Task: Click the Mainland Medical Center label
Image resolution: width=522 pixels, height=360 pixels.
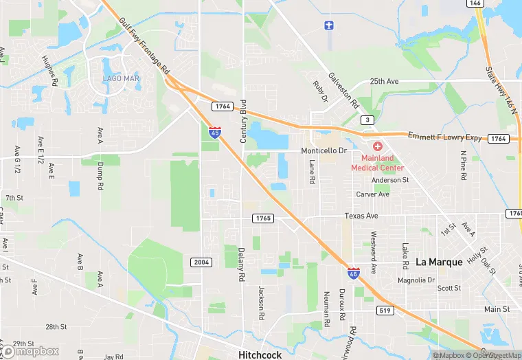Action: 377,162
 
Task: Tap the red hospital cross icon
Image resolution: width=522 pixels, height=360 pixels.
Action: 377,146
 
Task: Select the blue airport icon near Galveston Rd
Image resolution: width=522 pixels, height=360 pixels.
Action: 328,26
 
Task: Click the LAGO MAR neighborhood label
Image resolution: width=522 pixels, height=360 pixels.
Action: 122,78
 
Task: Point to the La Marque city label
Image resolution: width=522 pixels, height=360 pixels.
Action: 440,262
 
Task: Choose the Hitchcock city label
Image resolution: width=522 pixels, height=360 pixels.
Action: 260,355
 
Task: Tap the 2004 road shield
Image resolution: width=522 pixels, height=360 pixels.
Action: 201,262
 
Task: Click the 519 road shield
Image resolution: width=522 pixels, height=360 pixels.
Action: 385,311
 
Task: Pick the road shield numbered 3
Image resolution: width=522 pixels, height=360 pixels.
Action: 369,120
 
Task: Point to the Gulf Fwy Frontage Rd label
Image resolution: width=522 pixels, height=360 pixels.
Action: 144,47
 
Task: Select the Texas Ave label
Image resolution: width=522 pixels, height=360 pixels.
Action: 361,216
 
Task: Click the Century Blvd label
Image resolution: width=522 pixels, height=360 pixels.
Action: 243,122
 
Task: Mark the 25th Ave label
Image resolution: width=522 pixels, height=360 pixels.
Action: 385,81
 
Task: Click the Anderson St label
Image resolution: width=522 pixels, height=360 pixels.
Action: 390,180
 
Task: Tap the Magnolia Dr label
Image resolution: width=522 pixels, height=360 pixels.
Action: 416,280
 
